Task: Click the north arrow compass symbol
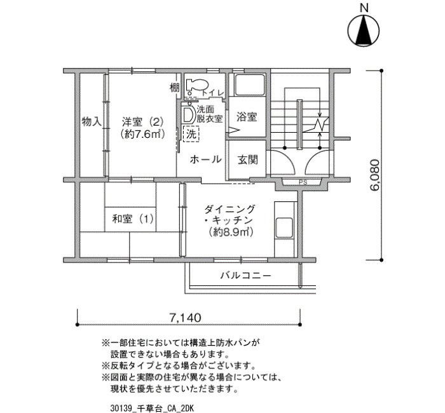click(364, 31)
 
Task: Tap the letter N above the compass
click(364, 8)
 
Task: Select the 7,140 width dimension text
click(186, 318)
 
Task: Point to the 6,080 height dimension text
click(374, 175)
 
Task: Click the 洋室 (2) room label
click(143, 122)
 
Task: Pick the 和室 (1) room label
click(133, 219)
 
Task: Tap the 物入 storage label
click(92, 122)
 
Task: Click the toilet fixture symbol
click(197, 85)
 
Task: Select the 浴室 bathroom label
click(247, 116)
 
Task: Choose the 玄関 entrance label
click(247, 160)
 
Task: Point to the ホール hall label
click(205, 159)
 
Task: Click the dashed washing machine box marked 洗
click(191, 134)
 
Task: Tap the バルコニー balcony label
click(246, 275)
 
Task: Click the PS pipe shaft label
click(303, 183)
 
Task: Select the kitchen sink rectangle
click(284, 227)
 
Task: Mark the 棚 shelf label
click(175, 88)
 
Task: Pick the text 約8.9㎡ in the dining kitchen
click(230, 233)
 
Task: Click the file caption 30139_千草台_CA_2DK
click(152, 409)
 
